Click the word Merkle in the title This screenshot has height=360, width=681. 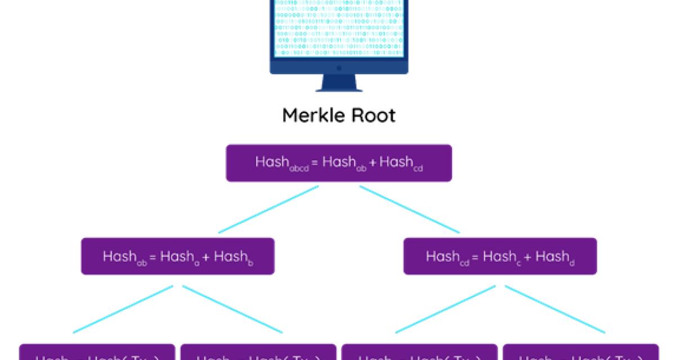(x=312, y=115)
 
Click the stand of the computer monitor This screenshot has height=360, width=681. (x=339, y=83)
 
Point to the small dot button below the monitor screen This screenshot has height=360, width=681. (x=339, y=68)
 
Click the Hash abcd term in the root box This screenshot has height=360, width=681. (x=279, y=163)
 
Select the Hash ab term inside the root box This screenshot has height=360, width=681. (x=344, y=163)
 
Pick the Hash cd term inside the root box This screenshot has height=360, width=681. (x=401, y=163)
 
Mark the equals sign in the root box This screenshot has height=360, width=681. (x=314, y=163)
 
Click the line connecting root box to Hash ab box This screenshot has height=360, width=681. (x=268, y=209)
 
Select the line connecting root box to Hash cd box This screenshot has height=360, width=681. (x=409, y=209)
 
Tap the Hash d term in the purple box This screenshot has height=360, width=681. (x=555, y=257)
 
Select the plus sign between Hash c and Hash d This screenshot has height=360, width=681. (x=527, y=257)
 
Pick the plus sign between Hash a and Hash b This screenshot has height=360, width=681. (x=206, y=257)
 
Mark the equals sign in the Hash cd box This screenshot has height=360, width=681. (x=475, y=257)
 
